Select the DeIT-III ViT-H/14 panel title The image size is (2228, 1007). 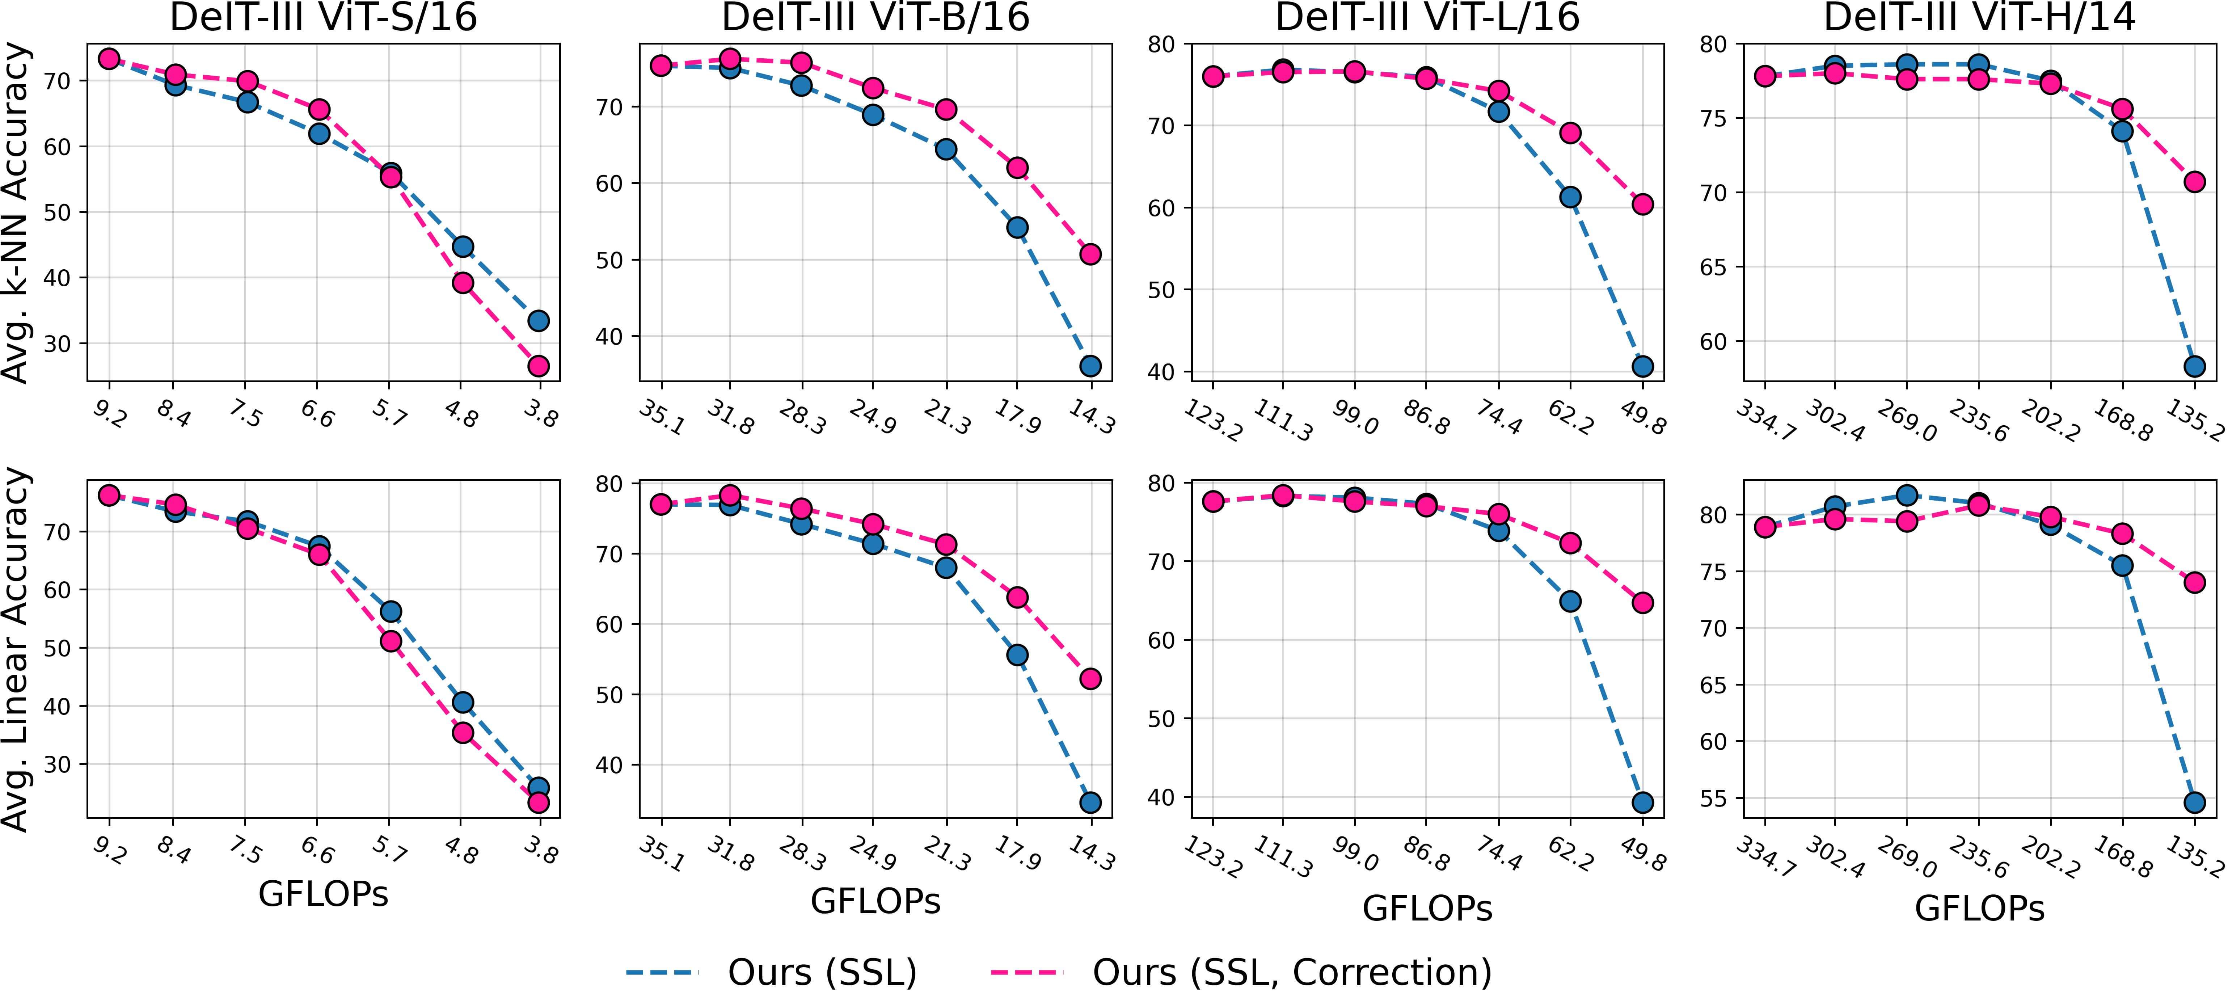click(x=1979, y=17)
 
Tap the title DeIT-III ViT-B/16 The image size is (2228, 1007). click(x=875, y=17)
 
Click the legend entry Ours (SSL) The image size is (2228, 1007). click(x=822, y=972)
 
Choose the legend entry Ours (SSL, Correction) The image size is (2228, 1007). click(x=1292, y=972)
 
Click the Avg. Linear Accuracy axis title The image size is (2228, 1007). click(x=17, y=649)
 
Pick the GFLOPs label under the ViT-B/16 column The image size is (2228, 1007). click(x=875, y=901)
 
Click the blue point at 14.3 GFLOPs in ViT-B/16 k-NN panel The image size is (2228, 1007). click(x=1090, y=366)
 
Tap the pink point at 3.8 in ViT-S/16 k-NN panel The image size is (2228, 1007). click(x=538, y=366)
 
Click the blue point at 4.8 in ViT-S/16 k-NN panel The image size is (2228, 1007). click(x=463, y=247)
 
